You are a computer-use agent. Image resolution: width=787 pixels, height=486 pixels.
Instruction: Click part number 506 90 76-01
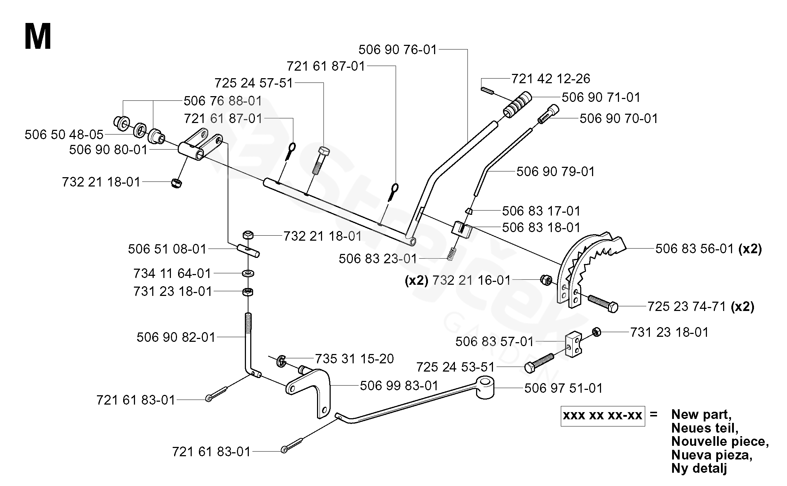coord(397,49)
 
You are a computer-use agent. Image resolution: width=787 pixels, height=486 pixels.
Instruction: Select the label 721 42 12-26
coord(550,79)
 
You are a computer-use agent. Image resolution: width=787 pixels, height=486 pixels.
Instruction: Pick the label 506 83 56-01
coord(694,249)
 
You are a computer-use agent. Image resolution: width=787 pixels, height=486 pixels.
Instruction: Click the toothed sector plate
coord(589,265)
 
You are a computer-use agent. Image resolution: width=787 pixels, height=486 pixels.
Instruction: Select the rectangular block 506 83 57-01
coord(574,343)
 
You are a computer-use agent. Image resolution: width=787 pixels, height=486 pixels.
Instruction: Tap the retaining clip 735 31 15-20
coord(281,361)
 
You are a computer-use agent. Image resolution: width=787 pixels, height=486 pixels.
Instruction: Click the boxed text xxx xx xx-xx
coord(602,416)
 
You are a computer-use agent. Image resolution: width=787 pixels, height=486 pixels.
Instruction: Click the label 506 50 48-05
coord(64,135)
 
